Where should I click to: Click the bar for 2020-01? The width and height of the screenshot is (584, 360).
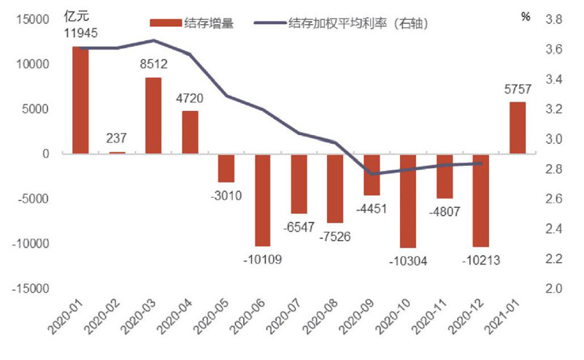tap(80, 100)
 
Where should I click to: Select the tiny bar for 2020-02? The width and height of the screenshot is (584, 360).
tap(117, 153)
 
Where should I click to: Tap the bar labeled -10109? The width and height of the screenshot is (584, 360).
tap(263, 199)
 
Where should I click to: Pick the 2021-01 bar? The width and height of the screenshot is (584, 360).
tap(517, 128)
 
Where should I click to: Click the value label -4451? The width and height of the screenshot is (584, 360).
tap(371, 210)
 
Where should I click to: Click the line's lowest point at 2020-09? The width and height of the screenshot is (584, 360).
tap(372, 174)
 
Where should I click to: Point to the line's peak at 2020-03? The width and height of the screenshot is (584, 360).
tap(153, 40)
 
